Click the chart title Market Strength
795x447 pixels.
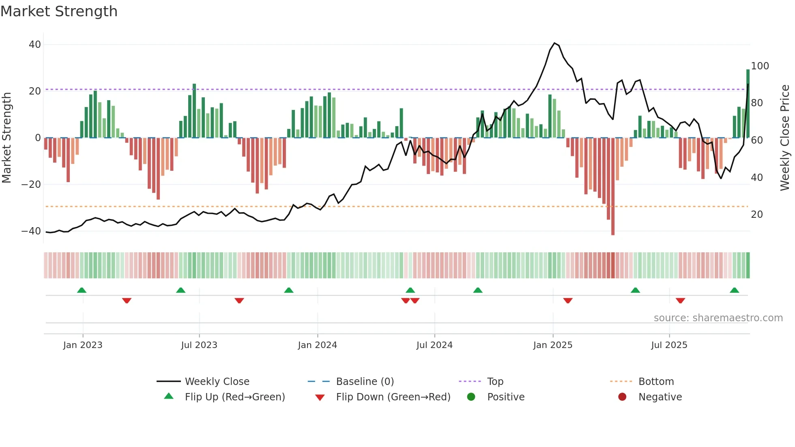click(59, 11)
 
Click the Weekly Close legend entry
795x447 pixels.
click(217, 381)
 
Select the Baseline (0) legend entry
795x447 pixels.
click(365, 381)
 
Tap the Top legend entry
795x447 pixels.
click(495, 381)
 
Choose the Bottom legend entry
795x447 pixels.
click(656, 381)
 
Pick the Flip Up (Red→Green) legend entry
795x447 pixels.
click(234, 397)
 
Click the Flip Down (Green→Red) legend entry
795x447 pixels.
click(393, 397)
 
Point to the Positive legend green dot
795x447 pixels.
click(471, 397)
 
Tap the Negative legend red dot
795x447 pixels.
click(622, 397)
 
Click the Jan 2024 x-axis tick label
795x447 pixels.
click(317, 345)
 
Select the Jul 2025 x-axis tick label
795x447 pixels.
click(669, 345)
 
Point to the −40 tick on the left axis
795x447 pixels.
click(31, 231)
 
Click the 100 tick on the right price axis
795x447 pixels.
click(760, 66)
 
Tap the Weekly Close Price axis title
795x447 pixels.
click(785, 138)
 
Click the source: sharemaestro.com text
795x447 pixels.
click(718, 318)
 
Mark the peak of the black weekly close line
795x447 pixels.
click(554, 43)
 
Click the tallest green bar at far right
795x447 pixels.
click(748, 101)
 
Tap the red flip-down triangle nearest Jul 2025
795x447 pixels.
click(680, 301)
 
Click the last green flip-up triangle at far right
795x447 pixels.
click(734, 290)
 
